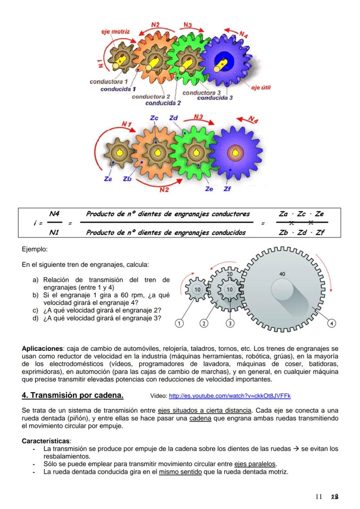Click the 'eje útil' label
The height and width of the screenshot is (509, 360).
click(x=261, y=87)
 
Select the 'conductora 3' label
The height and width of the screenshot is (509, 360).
click(x=201, y=93)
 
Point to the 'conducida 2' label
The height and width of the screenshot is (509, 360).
click(x=163, y=103)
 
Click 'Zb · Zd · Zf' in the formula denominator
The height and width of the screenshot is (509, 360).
click(x=301, y=232)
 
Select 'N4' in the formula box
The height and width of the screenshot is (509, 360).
click(x=54, y=213)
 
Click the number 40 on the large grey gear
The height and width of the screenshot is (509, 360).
click(x=282, y=274)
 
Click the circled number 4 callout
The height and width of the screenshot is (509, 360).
click(x=332, y=323)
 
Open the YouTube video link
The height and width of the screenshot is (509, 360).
click(x=229, y=396)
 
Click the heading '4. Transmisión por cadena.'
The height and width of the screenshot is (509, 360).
click(x=73, y=396)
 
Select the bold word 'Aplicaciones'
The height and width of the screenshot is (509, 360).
click(x=42, y=349)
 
